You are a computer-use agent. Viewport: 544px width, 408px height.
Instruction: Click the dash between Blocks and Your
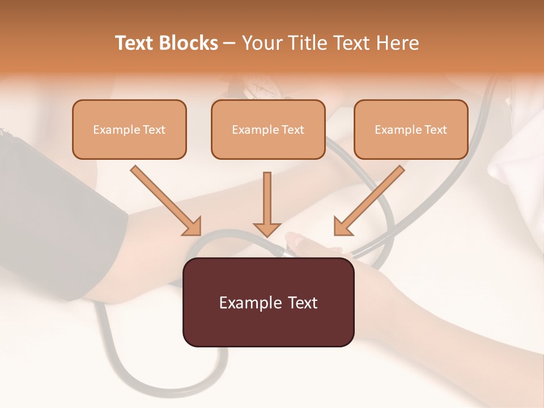(229, 44)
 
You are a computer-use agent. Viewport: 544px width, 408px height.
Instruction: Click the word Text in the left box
(154, 130)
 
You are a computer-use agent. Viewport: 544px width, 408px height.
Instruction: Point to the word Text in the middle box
(293, 130)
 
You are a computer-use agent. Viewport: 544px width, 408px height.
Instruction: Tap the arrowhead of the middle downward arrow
(267, 229)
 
